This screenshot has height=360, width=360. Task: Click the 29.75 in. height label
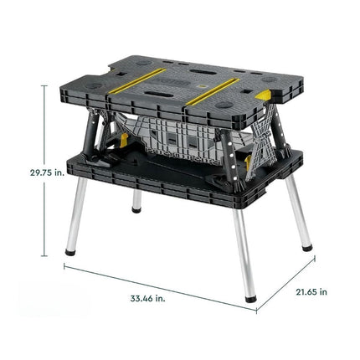coord(47,172)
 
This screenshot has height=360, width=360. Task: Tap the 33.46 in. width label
coord(147,298)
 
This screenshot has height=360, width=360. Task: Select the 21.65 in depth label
coord(311,292)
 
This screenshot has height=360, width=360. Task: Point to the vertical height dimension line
coord(44,171)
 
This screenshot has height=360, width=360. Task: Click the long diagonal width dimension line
coord(160,287)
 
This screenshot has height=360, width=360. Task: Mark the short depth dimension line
coord(285,284)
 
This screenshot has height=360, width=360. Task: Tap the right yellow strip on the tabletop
coord(212,91)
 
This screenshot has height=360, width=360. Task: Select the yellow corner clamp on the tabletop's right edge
coord(265,95)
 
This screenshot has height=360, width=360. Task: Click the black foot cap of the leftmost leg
coord(70,252)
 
